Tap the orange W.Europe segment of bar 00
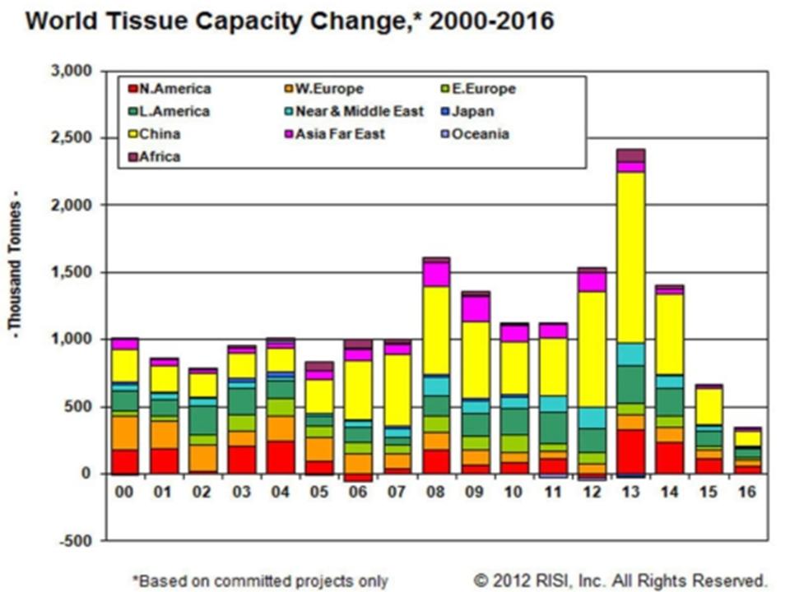click(125, 432)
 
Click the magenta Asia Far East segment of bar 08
click(436, 273)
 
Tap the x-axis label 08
click(436, 493)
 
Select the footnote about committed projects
click(259, 580)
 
